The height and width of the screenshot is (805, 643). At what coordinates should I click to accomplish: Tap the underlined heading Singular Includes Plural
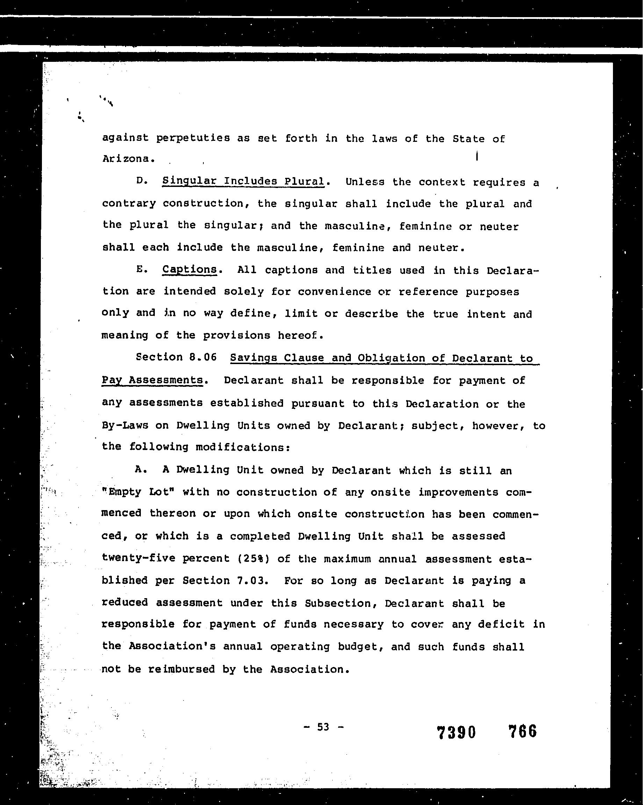[x=243, y=181]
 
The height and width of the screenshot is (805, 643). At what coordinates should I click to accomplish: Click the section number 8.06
[x=203, y=357]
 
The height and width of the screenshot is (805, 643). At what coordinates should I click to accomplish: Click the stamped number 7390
[x=456, y=732]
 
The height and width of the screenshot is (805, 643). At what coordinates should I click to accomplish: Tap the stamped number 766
[x=522, y=731]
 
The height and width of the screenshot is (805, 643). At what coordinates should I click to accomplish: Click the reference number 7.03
[x=252, y=580]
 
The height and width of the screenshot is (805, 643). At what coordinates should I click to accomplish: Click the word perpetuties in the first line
[x=193, y=138]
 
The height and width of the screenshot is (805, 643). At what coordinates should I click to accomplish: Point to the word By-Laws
[x=125, y=425]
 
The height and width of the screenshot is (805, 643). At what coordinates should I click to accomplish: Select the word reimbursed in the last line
[x=181, y=669]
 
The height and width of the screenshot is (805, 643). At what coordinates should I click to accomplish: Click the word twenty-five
[x=138, y=558]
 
